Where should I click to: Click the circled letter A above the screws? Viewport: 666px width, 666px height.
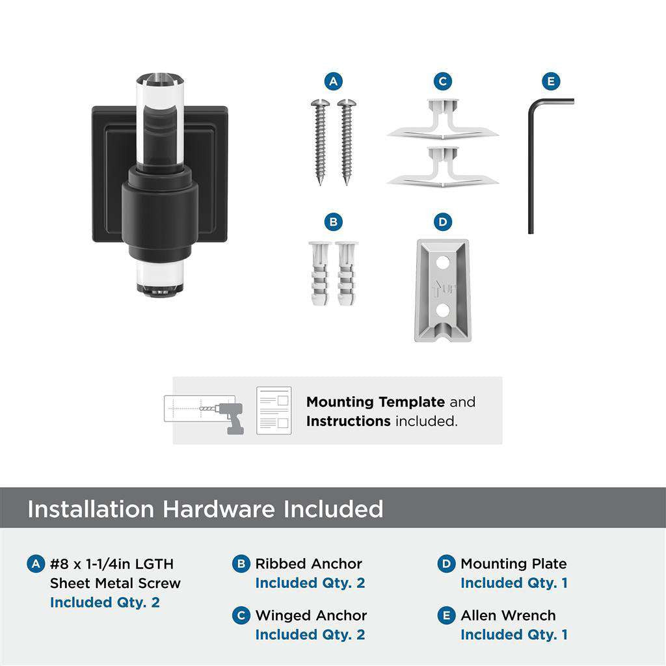coord(333,81)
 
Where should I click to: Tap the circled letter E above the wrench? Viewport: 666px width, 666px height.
coord(551,81)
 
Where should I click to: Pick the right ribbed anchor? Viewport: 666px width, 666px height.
coord(347,274)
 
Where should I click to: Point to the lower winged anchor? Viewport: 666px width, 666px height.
coord(442,168)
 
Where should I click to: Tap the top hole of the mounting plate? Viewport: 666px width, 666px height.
coord(442,263)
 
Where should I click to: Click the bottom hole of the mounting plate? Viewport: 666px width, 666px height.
coord(442,311)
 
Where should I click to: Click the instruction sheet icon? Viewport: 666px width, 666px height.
coord(273,410)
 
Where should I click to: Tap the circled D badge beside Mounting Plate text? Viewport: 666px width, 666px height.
coord(446,564)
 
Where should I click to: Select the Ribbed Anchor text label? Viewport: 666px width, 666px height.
coord(308,564)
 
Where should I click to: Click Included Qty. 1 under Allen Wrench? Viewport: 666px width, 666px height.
coord(514,634)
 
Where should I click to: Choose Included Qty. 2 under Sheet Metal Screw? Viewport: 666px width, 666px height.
coord(104,602)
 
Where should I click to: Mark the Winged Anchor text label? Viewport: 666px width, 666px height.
coord(311,615)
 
